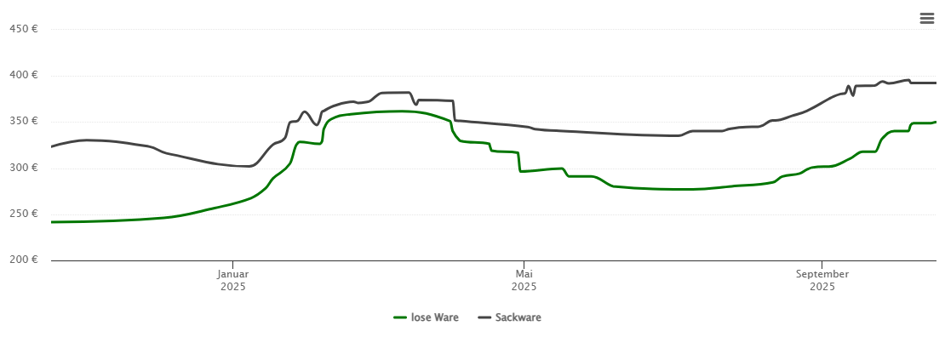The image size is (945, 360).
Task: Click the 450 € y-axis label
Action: coord(23,29)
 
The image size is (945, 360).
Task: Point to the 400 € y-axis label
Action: coord(23,75)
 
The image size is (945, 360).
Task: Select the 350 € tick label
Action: coord(23,121)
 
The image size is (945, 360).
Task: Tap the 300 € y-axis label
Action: coord(23,168)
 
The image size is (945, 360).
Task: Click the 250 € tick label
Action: coord(23,214)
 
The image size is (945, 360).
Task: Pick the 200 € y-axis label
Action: coord(23,260)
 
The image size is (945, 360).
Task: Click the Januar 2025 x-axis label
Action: coord(232,280)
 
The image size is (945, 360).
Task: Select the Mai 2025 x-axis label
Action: coord(524,280)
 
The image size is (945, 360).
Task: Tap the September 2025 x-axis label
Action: coord(822,280)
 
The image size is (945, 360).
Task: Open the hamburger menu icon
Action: coord(927,19)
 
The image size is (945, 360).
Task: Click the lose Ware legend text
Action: coord(434,317)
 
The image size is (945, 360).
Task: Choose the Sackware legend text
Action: coord(518,317)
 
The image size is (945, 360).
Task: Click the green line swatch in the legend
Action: coord(400,317)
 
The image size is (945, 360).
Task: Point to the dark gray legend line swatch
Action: coord(484,317)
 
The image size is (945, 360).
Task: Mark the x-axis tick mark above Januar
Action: coord(232,264)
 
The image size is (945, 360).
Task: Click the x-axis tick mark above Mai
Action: coord(524,264)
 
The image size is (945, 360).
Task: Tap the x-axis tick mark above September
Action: coord(822,264)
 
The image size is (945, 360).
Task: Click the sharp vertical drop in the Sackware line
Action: coord(455,111)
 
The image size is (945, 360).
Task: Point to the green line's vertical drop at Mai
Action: coord(519,162)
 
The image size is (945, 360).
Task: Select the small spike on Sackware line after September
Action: coord(849,87)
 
